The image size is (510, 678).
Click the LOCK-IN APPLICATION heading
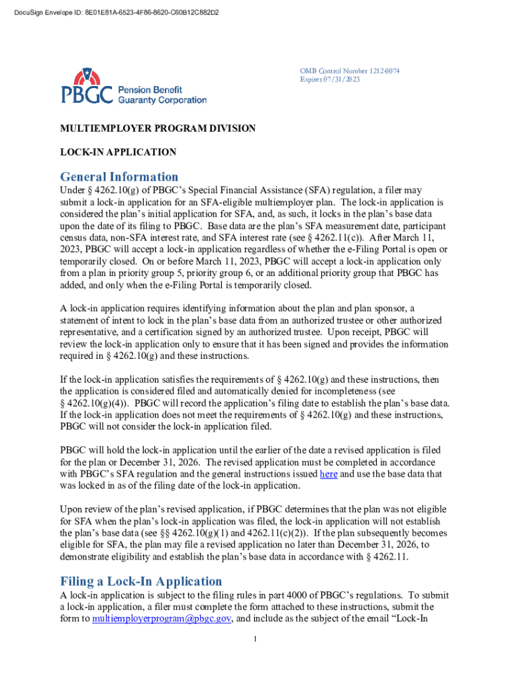pyautogui.click(x=118, y=152)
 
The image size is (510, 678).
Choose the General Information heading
pyautogui.click(x=119, y=177)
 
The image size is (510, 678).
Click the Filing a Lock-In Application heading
pyautogui.click(x=141, y=581)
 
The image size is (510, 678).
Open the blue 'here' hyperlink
pyautogui.click(x=329, y=474)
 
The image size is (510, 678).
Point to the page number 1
pyautogui.click(x=255, y=638)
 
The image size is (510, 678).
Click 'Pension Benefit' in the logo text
pyautogui.click(x=150, y=89)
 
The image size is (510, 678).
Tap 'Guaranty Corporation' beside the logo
pyautogui.click(x=162, y=100)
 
